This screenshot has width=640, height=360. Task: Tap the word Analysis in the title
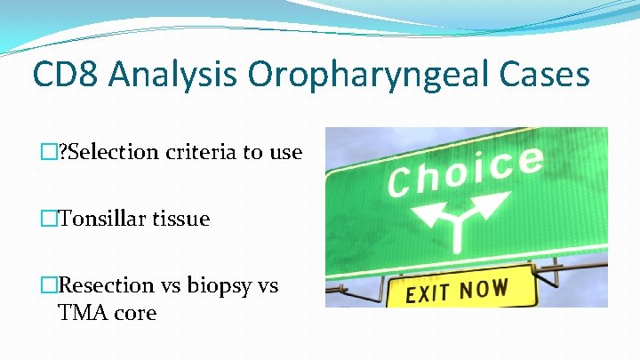(174, 75)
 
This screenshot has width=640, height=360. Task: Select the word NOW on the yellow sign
(485, 289)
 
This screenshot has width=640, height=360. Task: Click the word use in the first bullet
(286, 152)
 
